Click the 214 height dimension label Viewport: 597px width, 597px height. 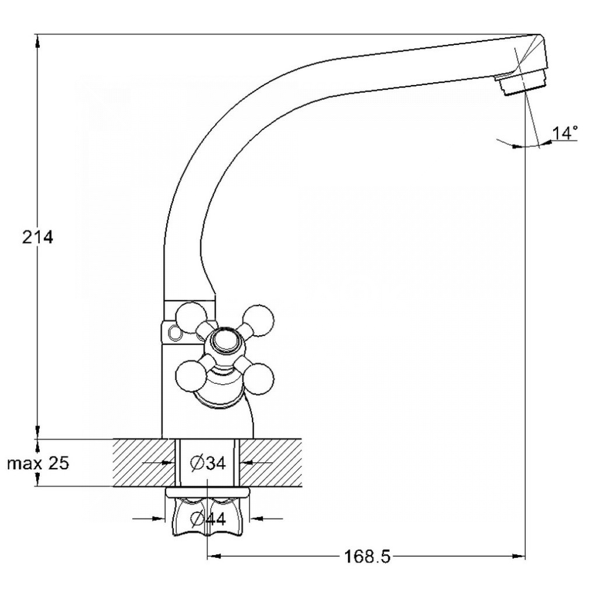pos(37,238)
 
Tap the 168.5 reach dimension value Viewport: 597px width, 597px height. pos(367,556)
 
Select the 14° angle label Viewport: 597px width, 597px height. pos(565,133)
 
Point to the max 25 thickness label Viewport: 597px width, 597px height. pos(38,463)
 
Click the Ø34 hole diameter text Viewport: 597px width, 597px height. pos(208,463)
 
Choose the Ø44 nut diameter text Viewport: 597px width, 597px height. pos(208,518)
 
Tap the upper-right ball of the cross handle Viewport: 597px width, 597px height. pos(259,320)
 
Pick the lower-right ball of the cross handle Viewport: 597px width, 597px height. pos(258,378)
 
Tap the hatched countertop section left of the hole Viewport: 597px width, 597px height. pos(144,462)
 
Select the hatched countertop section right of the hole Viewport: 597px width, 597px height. pos(271,462)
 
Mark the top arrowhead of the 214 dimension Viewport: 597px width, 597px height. pos(37,41)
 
